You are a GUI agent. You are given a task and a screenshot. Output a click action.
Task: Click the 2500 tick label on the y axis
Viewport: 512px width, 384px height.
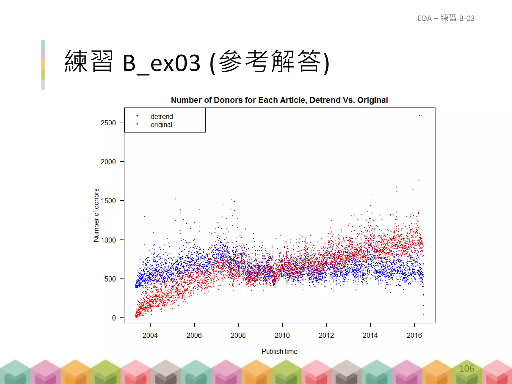click(x=108, y=123)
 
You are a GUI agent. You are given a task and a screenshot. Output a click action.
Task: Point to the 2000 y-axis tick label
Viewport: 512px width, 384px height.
click(x=108, y=162)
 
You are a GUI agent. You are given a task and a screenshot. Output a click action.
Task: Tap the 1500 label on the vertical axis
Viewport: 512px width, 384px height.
click(x=108, y=201)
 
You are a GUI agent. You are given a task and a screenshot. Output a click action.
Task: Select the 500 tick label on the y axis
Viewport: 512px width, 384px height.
click(x=110, y=279)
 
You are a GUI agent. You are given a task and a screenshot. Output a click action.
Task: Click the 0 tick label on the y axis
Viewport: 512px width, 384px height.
click(x=114, y=318)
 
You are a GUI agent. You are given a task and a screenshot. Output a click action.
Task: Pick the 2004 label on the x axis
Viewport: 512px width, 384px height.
click(x=150, y=335)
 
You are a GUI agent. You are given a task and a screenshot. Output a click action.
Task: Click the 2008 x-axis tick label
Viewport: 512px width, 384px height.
click(x=238, y=335)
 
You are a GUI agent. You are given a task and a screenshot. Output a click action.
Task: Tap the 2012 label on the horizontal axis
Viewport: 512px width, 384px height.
click(x=326, y=335)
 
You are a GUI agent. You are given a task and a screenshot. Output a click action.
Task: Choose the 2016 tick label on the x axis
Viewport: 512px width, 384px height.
click(x=414, y=335)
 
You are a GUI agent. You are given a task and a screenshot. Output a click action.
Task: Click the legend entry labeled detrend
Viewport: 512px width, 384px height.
click(x=161, y=116)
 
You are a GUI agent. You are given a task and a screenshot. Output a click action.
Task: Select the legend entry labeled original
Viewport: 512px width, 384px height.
click(x=161, y=124)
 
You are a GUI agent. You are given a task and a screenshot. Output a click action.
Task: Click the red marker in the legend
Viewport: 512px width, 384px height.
click(x=137, y=124)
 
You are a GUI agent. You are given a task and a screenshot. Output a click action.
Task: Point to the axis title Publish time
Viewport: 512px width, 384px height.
click(x=279, y=351)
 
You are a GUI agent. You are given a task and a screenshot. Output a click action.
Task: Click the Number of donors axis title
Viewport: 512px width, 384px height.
click(x=96, y=215)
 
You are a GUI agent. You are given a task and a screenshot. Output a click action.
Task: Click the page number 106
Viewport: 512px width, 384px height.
click(x=466, y=368)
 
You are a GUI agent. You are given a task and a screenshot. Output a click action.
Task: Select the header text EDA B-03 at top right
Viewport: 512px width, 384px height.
click(x=446, y=18)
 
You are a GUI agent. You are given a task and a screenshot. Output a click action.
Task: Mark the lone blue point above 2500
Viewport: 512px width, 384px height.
click(x=419, y=115)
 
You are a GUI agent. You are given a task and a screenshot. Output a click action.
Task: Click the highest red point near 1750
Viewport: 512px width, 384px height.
click(x=419, y=180)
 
